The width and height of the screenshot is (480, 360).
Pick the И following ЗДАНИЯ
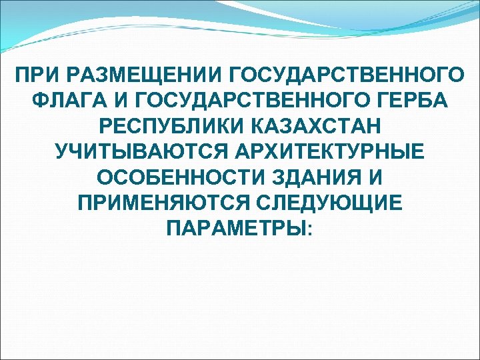(379, 177)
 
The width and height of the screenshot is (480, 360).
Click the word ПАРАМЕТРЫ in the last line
(236, 229)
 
